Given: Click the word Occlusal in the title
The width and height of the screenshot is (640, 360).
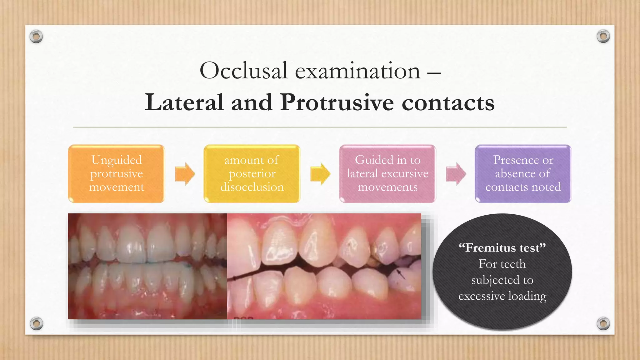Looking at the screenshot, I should (243, 71).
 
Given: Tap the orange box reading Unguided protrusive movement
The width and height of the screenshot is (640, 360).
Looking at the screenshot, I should (117, 174).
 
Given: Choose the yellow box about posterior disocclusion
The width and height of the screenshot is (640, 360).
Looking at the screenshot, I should (252, 174).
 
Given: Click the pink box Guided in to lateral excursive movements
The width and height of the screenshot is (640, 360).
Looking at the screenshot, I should (387, 174).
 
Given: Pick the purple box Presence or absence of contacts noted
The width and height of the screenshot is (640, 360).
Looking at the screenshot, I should (523, 174).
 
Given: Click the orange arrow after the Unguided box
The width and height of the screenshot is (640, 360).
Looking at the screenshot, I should (185, 174).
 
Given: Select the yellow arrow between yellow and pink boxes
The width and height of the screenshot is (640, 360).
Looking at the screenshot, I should (320, 174).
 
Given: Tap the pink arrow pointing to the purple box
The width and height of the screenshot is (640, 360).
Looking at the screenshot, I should (456, 174).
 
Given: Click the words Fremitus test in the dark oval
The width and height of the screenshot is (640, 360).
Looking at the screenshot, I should (502, 248).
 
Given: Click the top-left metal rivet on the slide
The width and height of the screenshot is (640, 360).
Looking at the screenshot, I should (36, 37).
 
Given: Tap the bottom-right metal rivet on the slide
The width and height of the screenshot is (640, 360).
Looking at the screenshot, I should (603, 323).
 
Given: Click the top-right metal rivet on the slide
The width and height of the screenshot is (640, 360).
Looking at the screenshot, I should (603, 37).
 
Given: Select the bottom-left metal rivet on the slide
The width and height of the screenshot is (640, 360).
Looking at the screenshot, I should (36, 323).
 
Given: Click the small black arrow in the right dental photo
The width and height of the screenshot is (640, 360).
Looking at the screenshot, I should (401, 274).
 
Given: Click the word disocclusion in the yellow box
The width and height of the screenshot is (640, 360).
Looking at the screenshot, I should (252, 187).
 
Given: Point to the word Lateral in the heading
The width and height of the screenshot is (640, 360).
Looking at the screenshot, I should (184, 103).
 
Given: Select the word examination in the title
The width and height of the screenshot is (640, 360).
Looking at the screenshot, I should (358, 71).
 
